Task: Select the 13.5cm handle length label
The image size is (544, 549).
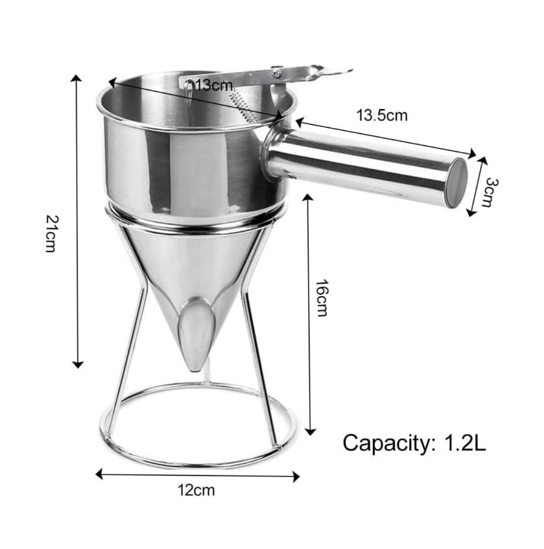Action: tap(382, 115)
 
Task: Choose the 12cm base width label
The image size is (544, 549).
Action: tap(197, 490)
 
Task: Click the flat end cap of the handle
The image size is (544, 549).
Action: tap(456, 182)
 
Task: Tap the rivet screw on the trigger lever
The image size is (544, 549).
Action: tap(276, 73)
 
